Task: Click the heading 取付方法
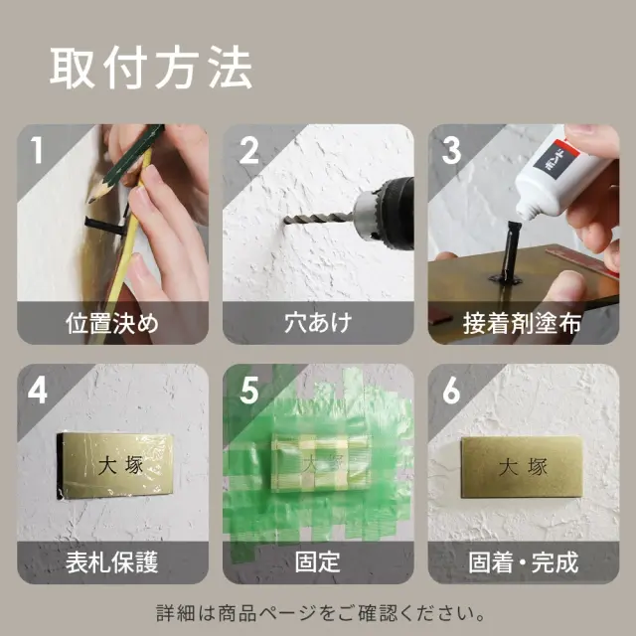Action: coord(151,69)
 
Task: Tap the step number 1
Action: coord(37,151)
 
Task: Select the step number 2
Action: coord(248,151)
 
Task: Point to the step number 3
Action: coord(452,151)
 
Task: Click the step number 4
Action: coord(37,391)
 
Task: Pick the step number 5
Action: coord(248,391)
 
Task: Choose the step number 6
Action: coord(452,391)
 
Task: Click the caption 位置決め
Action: coord(111,323)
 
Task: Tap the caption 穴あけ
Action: coord(317,323)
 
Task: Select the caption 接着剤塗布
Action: coord(523,323)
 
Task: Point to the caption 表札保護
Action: coord(111,562)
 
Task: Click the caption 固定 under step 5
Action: coord(317,562)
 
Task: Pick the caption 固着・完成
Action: coord(523,562)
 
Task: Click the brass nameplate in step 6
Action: coord(521,468)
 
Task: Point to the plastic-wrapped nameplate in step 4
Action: coord(116,465)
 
